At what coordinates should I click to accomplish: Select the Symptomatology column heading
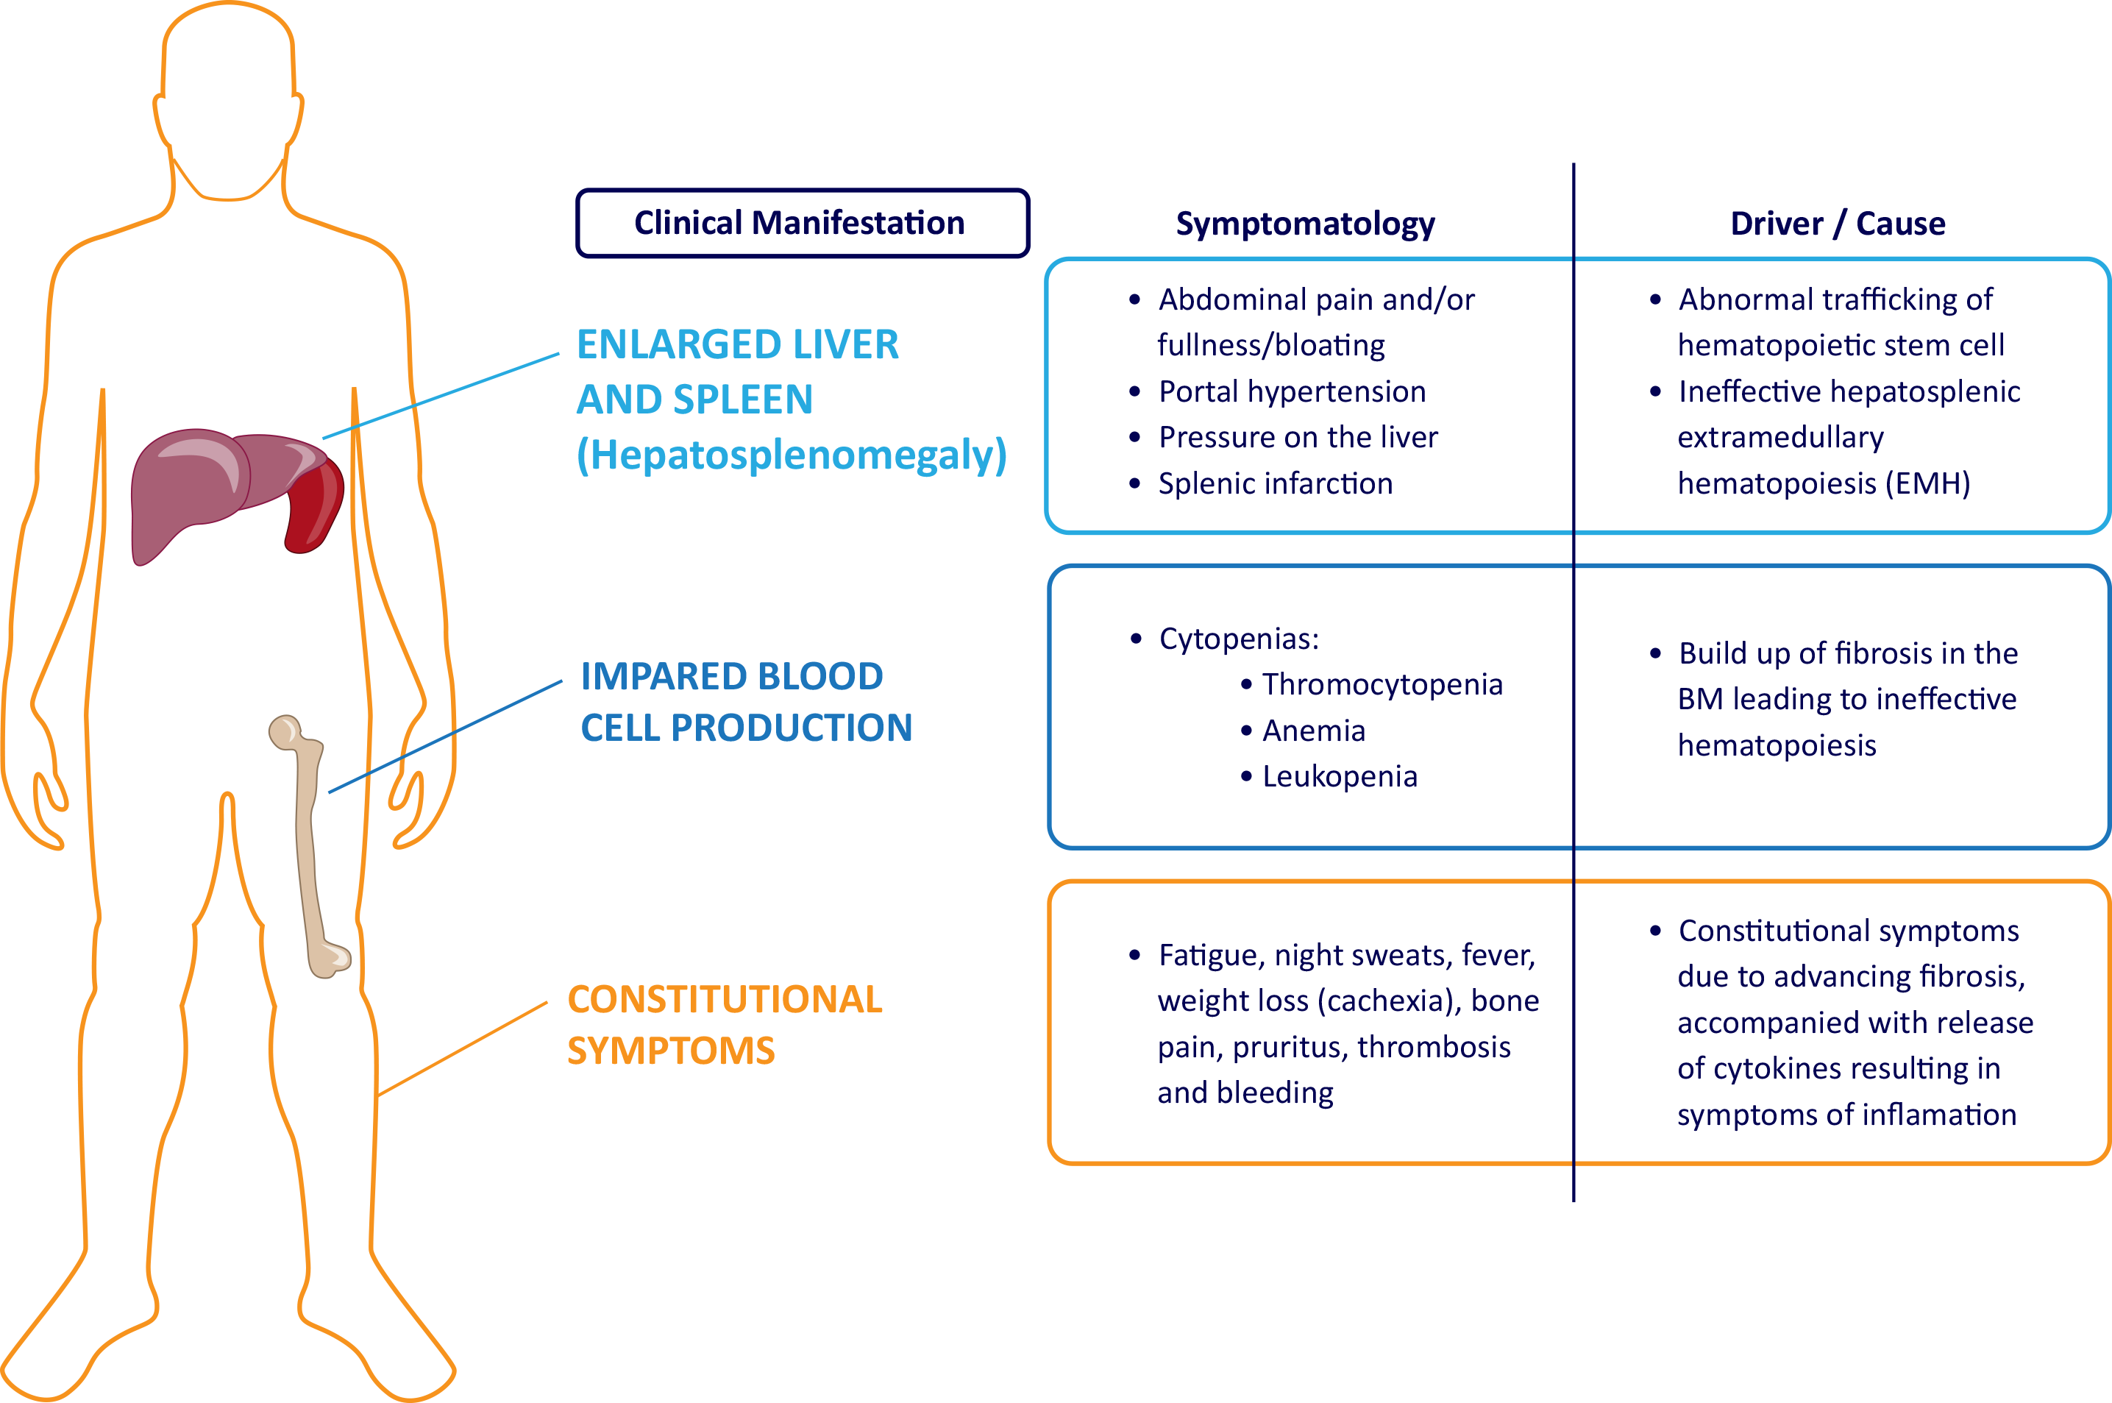(1304, 223)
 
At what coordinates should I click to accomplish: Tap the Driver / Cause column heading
(1838, 223)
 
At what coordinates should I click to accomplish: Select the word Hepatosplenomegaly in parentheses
(791, 455)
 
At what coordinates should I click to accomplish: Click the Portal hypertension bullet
(1291, 392)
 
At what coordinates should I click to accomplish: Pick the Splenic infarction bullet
(1275, 484)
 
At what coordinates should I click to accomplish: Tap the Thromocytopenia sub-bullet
(1382, 684)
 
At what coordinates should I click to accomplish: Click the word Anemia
(1313, 731)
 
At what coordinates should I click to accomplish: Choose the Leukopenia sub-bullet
(1339, 777)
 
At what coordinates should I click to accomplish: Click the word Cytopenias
(1238, 639)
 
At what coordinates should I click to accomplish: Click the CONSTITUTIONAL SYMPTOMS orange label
(724, 1025)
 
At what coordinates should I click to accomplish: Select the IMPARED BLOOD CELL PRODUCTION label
(745, 702)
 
